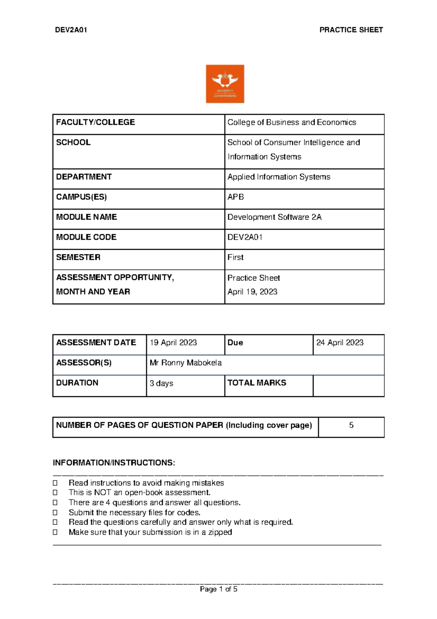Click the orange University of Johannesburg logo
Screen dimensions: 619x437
225,84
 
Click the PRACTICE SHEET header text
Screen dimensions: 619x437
351,30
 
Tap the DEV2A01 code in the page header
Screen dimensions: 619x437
71,30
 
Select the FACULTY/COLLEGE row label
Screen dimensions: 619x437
95,122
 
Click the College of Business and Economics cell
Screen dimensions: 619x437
292,122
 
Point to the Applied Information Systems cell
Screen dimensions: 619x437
279,177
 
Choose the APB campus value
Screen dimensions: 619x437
236,197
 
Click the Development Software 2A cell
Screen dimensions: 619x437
274,217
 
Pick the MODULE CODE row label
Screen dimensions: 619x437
86,237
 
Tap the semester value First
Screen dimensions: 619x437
235,257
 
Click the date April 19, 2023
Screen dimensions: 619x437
252,292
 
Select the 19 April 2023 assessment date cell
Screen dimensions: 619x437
173,343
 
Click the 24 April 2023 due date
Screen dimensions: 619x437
340,343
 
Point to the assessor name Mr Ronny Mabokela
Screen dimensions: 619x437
186,363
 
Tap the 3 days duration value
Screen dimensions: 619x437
161,383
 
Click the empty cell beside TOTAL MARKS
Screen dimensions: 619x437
349,385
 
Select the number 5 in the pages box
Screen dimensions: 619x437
351,425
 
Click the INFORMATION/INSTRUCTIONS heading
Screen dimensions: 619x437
114,463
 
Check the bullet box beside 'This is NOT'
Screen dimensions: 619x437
55,493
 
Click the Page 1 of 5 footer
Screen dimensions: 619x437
219,589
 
